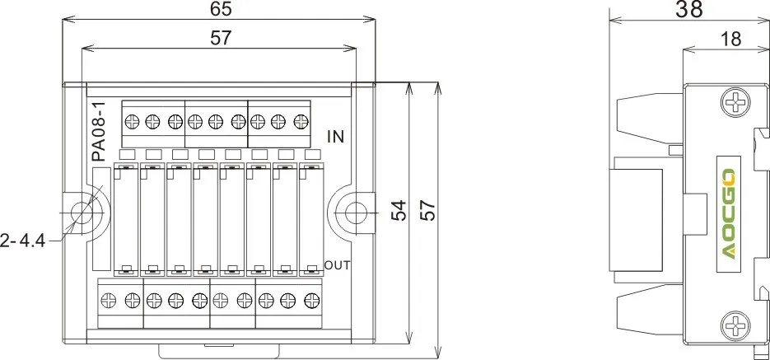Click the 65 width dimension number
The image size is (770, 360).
coord(220,8)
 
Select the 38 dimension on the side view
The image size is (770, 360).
coord(689,9)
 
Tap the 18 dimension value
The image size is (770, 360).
coord(731,39)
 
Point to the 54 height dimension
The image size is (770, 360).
coord(400,210)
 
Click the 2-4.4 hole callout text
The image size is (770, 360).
coord(22,241)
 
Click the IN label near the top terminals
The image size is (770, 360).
coord(335,137)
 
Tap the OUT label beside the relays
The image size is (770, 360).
coord(338,265)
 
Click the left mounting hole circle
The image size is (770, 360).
coord(82,213)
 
